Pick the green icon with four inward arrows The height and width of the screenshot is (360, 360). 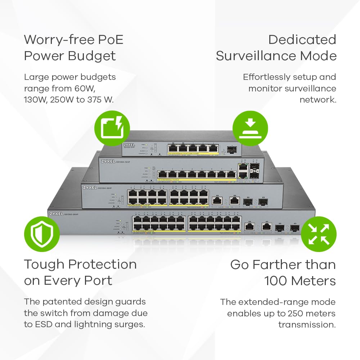319,234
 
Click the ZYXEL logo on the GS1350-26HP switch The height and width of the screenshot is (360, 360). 59,214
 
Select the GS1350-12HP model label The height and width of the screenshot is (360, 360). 124,163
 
